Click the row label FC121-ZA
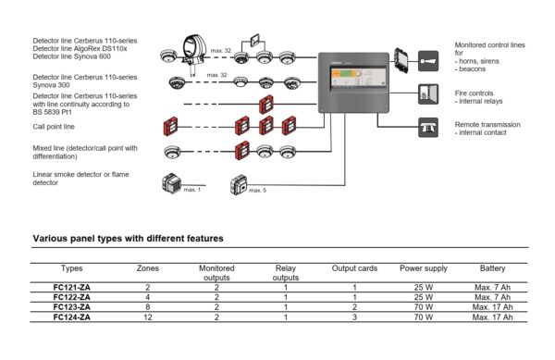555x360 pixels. tap(71, 288)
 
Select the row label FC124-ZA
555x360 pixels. tap(71, 317)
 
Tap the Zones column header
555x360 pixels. tap(148, 267)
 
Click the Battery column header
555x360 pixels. tap(493, 267)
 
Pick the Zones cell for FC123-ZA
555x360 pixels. tap(148, 307)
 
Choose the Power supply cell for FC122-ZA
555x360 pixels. tap(424, 297)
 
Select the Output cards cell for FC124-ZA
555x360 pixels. tap(354, 317)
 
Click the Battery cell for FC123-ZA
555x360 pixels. tap(493, 307)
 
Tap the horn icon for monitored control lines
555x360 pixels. tap(428, 61)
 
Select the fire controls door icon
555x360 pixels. tap(428, 94)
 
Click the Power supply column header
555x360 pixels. tap(424, 267)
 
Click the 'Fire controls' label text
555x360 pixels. tap(475, 91)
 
